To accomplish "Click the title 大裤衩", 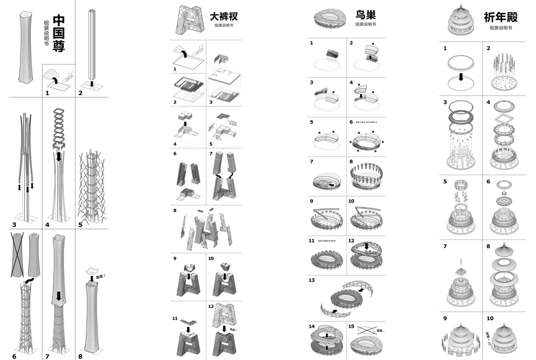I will (x=224, y=16).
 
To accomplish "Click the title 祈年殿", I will (x=501, y=17).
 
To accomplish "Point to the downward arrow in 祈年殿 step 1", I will (x=461, y=77).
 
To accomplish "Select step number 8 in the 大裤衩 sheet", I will (x=175, y=210).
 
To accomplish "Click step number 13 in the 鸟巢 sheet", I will (x=312, y=280).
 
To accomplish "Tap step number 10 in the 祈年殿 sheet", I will (x=490, y=318).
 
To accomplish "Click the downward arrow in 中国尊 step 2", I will (x=91, y=83).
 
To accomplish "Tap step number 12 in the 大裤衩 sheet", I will (x=211, y=306).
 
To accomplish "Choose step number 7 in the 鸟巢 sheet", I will (x=311, y=161).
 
